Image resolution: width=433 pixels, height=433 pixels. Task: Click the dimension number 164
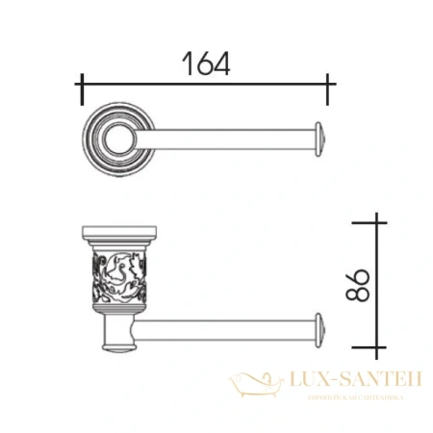click(204, 64)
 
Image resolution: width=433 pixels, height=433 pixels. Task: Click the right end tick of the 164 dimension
click(328, 88)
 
